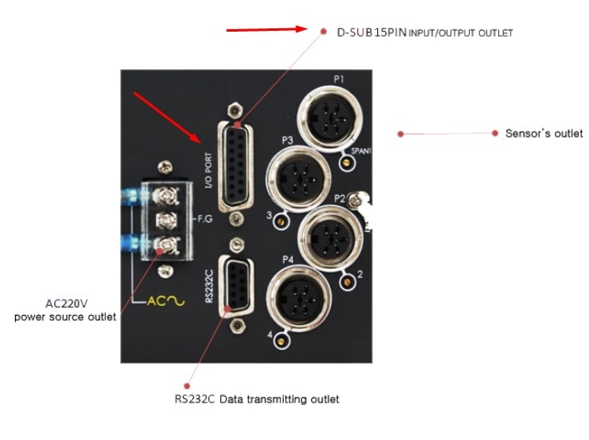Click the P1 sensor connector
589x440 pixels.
(x=330, y=118)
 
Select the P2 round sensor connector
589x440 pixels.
(x=330, y=237)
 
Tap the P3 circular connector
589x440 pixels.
(x=299, y=179)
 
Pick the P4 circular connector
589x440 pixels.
(x=299, y=298)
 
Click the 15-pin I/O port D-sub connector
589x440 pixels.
(x=235, y=167)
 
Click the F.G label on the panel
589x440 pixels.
(x=205, y=218)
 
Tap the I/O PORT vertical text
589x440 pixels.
(x=208, y=170)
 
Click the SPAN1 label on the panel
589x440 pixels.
(x=361, y=151)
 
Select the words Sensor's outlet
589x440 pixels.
(x=544, y=133)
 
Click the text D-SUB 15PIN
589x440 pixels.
(x=371, y=32)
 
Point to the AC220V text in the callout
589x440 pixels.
(x=67, y=303)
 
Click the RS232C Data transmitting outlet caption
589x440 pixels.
(x=257, y=398)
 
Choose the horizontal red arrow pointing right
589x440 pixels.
(x=267, y=30)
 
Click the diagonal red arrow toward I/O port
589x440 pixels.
(x=168, y=117)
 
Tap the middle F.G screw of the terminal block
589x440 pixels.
(x=166, y=220)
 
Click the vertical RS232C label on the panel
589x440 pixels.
(x=209, y=286)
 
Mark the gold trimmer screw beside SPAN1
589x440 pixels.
(x=347, y=162)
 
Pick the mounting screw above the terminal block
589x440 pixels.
(x=165, y=167)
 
